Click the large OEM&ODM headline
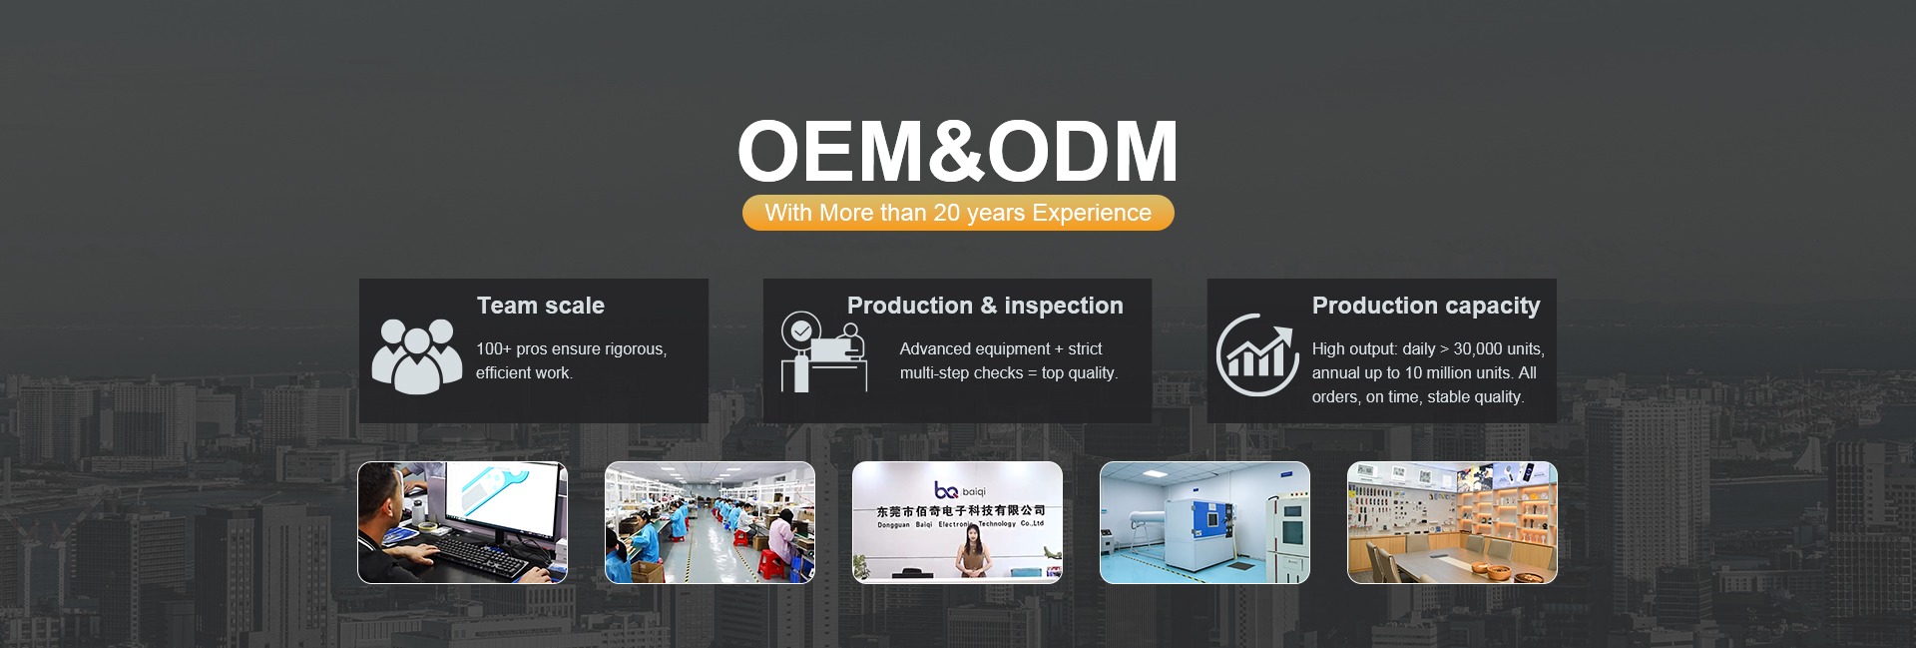958,151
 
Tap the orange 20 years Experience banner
958,213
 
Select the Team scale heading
541,306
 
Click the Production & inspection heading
985,306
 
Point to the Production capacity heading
1426,307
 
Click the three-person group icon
417,355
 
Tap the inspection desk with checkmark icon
823,351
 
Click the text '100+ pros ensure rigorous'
571,348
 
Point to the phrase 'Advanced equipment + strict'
1001,348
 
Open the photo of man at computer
462,522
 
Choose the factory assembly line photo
710,522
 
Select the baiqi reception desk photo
957,522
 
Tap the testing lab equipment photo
1204,522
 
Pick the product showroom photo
1452,522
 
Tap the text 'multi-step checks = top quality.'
1009,372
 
